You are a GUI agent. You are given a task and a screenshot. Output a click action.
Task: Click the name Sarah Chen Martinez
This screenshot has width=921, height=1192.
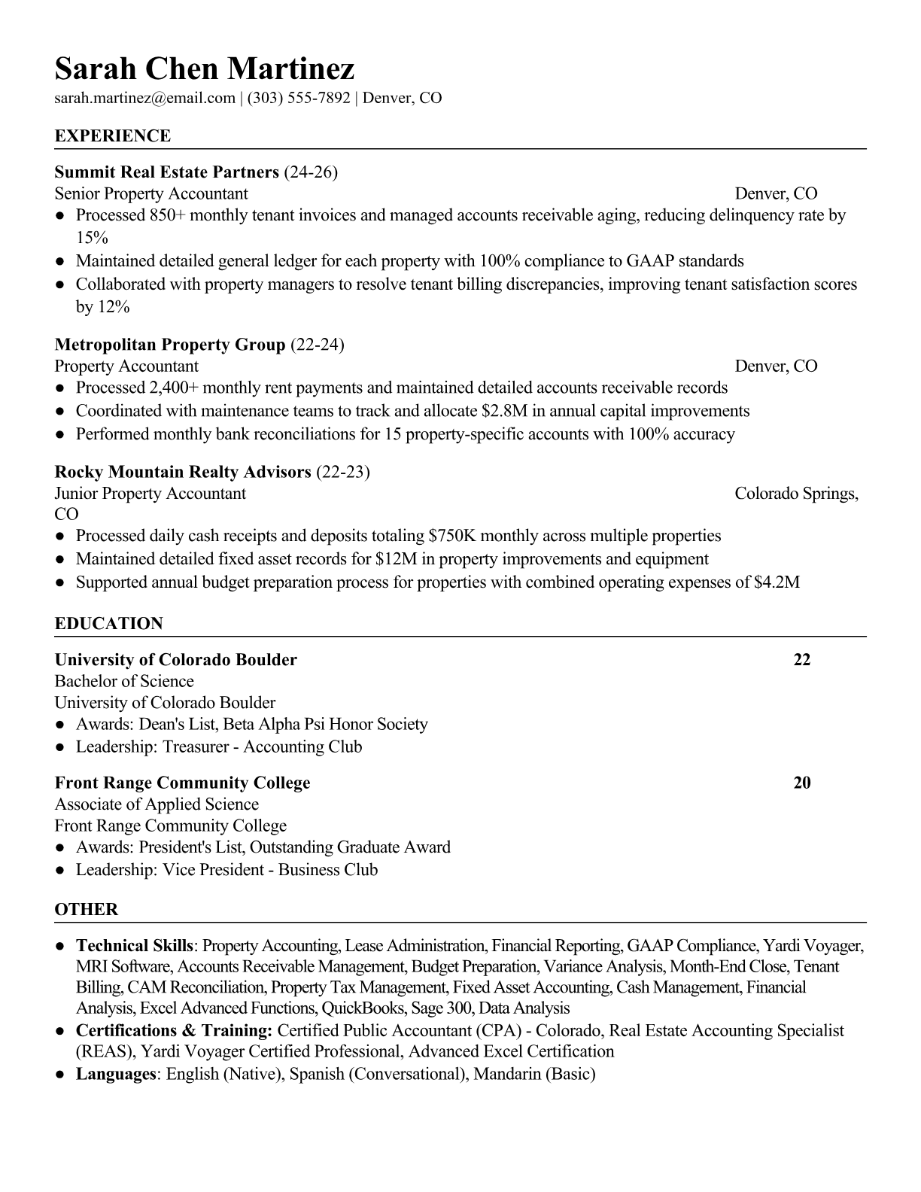(x=205, y=69)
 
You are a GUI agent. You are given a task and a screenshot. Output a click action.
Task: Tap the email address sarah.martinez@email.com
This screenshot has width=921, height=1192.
(x=145, y=98)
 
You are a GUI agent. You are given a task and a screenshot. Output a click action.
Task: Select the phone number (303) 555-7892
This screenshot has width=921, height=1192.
(x=299, y=98)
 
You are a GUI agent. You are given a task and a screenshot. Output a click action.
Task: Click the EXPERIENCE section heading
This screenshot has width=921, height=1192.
(x=113, y=136)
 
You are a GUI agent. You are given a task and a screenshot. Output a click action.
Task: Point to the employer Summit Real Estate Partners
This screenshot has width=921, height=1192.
(x=167, y=172)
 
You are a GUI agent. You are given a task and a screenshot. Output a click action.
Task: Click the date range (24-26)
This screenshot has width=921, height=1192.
(x=311, y=172)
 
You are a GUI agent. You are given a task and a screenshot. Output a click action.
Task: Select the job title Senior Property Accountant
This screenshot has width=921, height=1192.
(x=151, y=193)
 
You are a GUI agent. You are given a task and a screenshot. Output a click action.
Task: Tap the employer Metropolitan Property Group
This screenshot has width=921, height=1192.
(x=170, y=345)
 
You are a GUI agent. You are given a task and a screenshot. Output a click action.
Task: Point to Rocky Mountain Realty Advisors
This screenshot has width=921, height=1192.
(x=183, y=472)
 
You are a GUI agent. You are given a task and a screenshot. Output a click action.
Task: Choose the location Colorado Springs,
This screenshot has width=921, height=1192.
(x=796, y=494)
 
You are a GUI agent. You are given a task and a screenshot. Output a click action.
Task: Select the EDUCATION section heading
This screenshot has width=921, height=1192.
(x=109, y=624)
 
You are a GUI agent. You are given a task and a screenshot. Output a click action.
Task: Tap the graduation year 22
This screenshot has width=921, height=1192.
(x=802, y=660)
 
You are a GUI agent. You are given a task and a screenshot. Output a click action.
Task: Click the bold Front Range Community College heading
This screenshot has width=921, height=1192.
(x=183, y=783)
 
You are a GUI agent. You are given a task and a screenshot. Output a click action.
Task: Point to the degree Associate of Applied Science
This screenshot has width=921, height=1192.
(x=157, y=804)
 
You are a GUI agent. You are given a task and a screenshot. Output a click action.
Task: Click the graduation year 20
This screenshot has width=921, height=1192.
(x=802, y=783)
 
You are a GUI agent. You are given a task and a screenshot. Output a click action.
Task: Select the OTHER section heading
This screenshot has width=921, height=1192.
(x=87, y=909)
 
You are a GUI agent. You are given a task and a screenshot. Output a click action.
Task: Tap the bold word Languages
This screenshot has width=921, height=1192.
(x=115, y=1074)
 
